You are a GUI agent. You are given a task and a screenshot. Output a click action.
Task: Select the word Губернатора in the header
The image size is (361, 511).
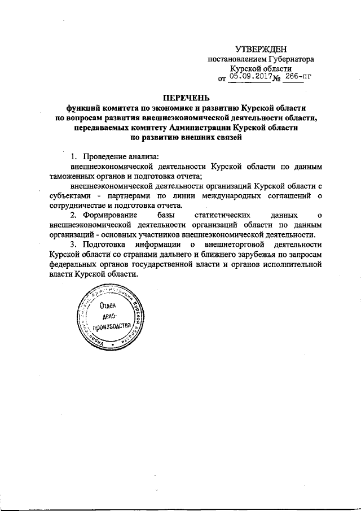click(289, 59)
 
